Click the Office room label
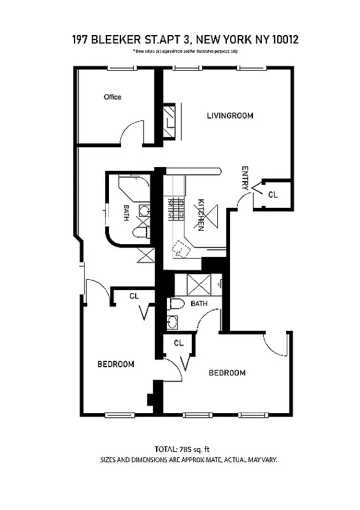click(x=113, y=97)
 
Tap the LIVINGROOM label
click(x=230, y=116)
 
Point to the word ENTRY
click(x=245, y=178)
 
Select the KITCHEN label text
click(x=200, y=214)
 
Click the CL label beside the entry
click(x=273, y=194)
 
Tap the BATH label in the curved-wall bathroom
click(x=127, y=213)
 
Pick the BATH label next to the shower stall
click(x=199, y=304)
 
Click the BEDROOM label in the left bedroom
click(x=115, y=365)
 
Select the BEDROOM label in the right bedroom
click(x=227, y=373)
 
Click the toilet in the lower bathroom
click(x=177, y=304)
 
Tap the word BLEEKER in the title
click(x=124, y=40)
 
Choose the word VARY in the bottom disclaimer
click(x=268, y=460)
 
